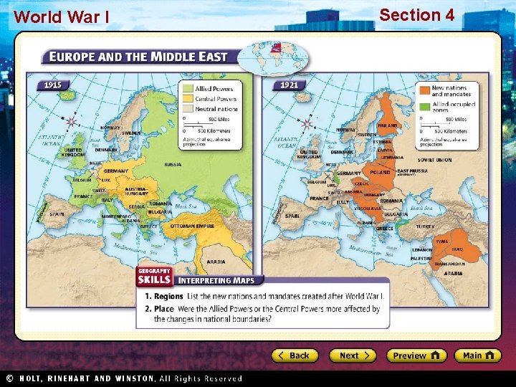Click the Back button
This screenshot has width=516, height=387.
pyautogui.click(x=294, y=355)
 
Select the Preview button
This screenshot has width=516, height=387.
pyautogui.click(x=416, y=355)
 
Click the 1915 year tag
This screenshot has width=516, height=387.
pyautogui.click(x=53, y=85)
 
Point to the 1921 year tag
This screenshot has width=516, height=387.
pyautogui.click(x=290, y=85)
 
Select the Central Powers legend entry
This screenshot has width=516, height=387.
pyautogui.click(x=210, y=99)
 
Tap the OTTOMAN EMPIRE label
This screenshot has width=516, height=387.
pyautogui.click(x=192, y=226)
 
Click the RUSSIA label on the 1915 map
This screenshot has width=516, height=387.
pyautogui.click(x=173, y=164)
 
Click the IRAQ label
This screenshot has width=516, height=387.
pyautogui.click(x=457, y=249)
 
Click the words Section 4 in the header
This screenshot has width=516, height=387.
pyautogui.click(x=416, y=14)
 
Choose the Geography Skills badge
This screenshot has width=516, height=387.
pyautogui.click(x=153, y=276)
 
